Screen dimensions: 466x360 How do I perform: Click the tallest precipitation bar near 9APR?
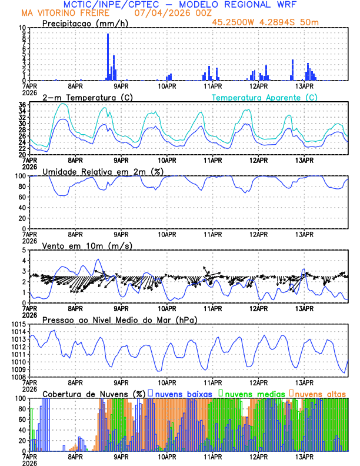[x=108, y=57]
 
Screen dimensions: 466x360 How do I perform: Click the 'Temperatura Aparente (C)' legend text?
[x=264, y=97]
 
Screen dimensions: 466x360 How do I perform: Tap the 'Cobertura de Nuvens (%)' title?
[x=94, y=393]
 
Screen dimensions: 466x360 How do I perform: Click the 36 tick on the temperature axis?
[x=22, y=105]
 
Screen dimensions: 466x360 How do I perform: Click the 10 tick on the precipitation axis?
[x=22, y=28]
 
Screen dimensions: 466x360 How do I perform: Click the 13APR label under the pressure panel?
[x=304, y=381]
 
